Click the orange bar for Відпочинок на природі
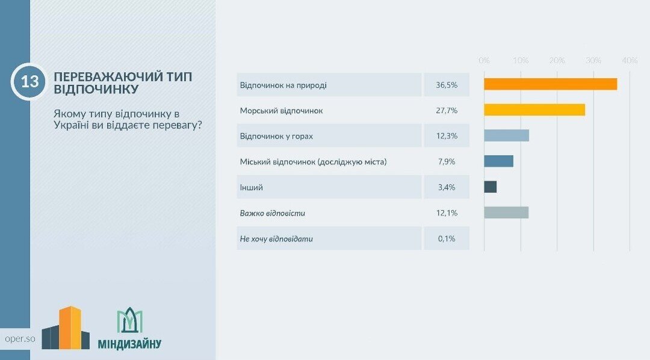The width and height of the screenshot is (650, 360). point(550,84)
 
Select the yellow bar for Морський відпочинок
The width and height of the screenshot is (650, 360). point(534,110)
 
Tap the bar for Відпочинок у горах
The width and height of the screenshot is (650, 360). point(506,135)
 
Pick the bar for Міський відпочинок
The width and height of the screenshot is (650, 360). point(498,161)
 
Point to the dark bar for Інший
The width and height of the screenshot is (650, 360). point(490,187)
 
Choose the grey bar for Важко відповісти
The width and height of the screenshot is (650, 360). point(506,213)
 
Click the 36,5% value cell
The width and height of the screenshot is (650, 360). point(447,85)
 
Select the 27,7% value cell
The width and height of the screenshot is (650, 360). point(447,111)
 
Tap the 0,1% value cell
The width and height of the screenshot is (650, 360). point(447,239)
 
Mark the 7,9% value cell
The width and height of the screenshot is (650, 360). point(447,162)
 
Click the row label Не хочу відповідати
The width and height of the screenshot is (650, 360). point(276,239)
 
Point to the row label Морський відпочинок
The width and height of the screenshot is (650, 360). point(282,111)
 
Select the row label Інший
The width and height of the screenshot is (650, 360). point(252,188)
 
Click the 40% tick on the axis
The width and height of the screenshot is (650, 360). point(630,61)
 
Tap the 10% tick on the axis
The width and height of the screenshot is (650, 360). point(521,61)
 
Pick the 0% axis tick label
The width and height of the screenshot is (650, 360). point(484,61)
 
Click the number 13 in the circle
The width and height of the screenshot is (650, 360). point(29,82)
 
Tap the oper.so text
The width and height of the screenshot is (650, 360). point(19,338)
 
